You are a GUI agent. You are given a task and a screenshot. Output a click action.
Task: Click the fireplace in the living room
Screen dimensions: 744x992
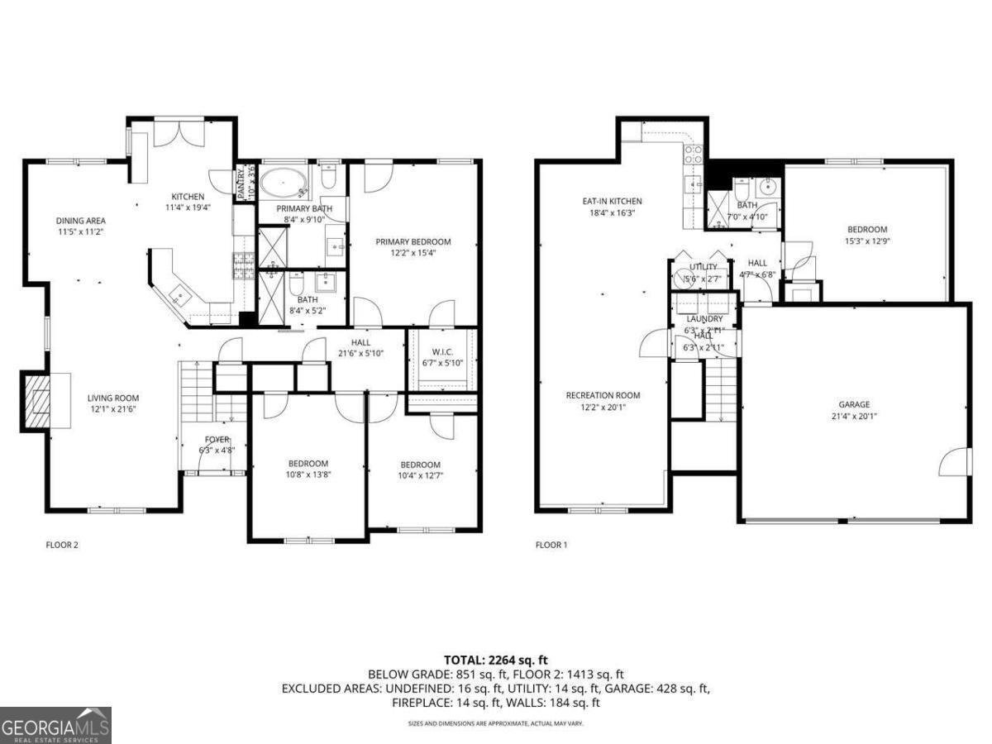[x=35, y=401]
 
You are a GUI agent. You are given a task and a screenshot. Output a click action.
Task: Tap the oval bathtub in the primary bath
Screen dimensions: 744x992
[x=283, y=181]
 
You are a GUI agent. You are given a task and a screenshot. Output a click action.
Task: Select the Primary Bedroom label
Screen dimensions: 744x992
[x=413, y=242]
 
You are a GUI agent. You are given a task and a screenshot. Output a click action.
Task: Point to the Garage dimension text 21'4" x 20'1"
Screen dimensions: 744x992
[x=854, y=417]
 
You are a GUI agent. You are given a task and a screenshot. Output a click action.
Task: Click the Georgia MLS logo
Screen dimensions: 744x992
[x=55, y=725]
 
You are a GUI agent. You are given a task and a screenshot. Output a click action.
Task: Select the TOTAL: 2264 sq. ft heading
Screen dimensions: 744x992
[x=496, y=660]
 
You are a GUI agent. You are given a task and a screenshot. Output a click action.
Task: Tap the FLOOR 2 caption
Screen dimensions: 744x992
[x=61, y=545]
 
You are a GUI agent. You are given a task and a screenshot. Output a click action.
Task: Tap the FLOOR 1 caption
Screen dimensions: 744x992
[x=551, y=545]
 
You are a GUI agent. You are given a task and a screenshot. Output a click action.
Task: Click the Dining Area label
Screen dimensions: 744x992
[x=80, y=221]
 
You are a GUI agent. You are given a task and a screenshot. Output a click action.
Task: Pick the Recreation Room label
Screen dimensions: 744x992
[x=603, y=395]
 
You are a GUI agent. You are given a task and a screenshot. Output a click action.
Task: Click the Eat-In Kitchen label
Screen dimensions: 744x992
[x=612, y=202]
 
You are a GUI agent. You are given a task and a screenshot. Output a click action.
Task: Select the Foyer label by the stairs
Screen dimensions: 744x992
[x=217, y=440]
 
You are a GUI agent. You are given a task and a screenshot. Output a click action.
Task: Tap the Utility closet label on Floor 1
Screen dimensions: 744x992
[x=703, y=267]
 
